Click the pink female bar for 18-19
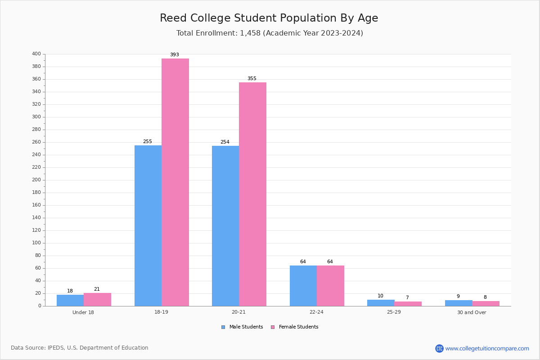pos(175,182)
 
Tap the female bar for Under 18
pos(97,300)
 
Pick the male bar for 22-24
pos(303,286)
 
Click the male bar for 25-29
pos(381,303)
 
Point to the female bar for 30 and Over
pos(486,303)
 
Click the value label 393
pos(174,55)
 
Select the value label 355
pos(252,79)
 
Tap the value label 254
pos(225,142)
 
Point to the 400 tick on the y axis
pos(36,54)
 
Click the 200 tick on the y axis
pos(36,180)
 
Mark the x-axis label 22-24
pos(316,312)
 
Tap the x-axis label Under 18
pos(83,312)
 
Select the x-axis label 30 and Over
pos(472,312)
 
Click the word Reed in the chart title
pos(172,18)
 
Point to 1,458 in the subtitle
pos(250,33)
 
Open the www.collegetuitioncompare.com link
pos(487,348)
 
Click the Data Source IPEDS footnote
pos(80,348)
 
